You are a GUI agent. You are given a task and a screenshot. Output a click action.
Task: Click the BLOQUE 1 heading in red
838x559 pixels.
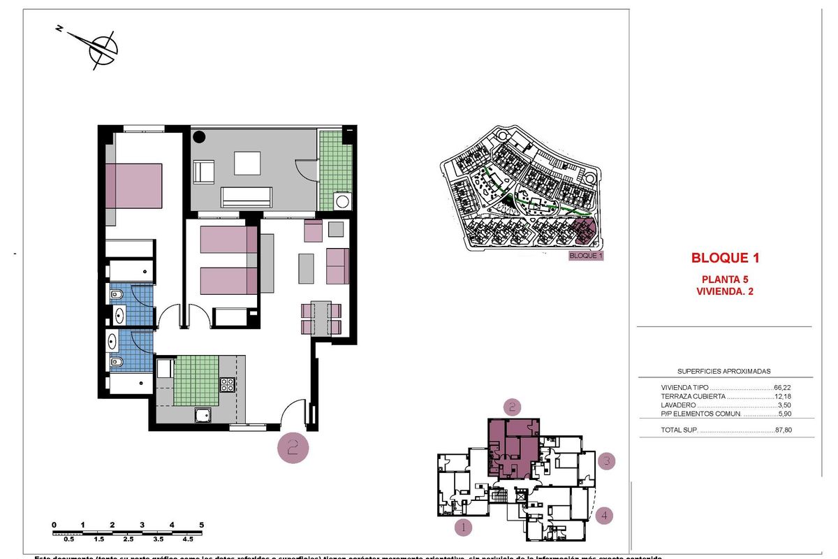pos(725,258)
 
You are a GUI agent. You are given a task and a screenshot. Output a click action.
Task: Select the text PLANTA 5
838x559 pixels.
pos(725,279)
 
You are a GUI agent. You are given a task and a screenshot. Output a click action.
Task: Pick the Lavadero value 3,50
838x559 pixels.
pos(788,405)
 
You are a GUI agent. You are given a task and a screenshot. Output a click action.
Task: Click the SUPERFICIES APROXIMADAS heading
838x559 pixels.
pos(724,372)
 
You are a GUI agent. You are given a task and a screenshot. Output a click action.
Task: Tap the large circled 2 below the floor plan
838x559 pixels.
pos(293,448)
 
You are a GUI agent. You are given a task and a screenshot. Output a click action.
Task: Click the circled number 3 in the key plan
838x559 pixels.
pos(607,461)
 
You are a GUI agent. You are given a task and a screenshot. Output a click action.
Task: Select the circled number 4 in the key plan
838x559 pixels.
pos(605,516)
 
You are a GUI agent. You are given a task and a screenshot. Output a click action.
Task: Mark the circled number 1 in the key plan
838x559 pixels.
pos(462,528)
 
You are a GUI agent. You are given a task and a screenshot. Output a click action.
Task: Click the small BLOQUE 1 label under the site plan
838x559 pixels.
pos(586,256)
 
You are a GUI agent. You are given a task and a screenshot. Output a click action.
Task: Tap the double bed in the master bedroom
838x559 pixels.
pos(134,185)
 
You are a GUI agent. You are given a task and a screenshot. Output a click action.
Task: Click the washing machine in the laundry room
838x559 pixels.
pos(342,202)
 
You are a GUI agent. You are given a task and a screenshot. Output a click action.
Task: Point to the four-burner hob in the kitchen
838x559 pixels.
pos(228,384)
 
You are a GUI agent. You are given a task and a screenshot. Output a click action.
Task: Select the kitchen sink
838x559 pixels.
pos(203,415)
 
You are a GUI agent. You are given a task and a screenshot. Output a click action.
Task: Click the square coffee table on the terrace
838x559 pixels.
pos(247,163)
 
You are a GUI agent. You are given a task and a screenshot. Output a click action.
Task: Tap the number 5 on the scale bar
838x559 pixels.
pos(201,524)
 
